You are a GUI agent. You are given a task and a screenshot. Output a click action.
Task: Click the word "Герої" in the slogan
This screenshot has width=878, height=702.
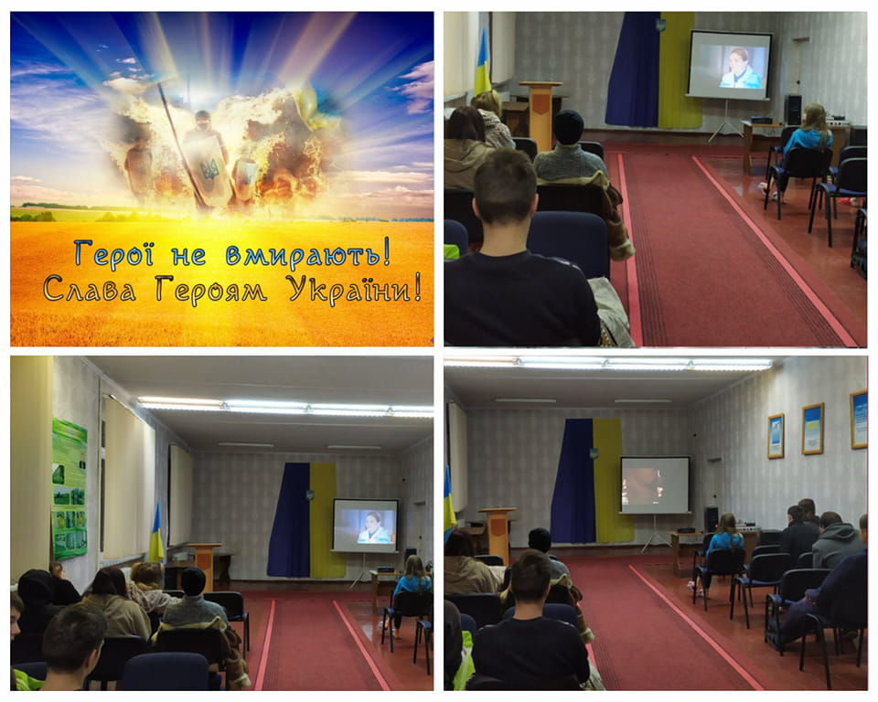[x=113, y=253]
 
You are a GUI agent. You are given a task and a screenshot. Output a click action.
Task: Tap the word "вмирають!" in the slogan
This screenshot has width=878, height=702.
[x=308, y=254]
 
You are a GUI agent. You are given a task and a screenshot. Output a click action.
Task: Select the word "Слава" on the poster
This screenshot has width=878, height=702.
[x=89, y=289]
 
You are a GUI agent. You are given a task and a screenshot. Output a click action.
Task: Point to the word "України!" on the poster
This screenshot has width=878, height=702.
[x=354, y=289]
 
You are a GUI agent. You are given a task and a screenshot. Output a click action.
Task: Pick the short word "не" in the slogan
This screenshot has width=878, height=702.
[x=188, y=256]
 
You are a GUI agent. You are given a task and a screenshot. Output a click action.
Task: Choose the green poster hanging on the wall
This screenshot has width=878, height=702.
[x=70, y=489]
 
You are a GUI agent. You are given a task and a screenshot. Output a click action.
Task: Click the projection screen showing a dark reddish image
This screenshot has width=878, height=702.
[x=655, y=484]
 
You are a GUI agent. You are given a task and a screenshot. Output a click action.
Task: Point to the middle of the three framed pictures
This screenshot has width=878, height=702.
[x=812, y=429]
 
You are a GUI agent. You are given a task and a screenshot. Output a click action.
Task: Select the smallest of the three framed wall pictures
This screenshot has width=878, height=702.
[x=776, y=436]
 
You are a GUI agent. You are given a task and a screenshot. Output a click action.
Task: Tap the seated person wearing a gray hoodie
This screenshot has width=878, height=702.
[x=835, y=539]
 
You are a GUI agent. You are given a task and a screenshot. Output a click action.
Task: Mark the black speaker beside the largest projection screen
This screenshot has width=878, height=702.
[x=794, y=110]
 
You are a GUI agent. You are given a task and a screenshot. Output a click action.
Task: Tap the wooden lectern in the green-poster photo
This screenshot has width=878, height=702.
[x=204, y=565]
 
